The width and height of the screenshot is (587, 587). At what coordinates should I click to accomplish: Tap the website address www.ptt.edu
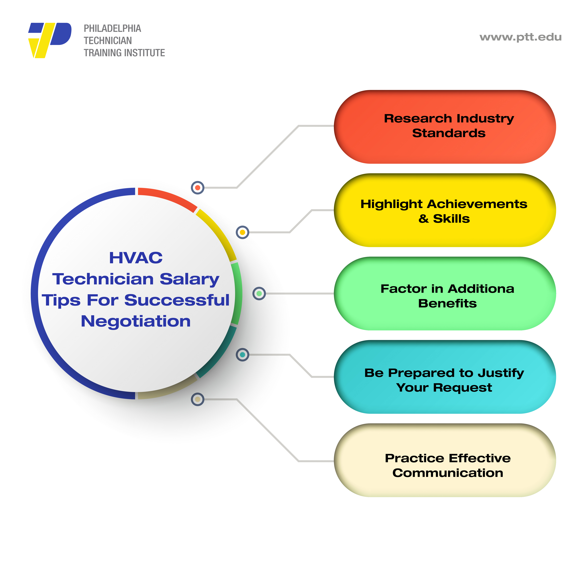coord(520,37)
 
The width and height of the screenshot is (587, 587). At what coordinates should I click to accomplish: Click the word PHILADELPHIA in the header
coord(112,29)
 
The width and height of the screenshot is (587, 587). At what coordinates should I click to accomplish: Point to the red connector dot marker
coord(198,188)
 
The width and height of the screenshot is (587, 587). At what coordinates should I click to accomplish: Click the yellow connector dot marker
coord(242,232)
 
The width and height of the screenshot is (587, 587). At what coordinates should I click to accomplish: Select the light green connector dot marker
coord(259,293)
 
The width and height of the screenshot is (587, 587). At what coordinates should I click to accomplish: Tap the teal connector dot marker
coord(242,355)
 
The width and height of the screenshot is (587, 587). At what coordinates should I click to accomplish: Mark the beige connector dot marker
coord(198,399)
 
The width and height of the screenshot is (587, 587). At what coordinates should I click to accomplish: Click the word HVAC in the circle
coord(136,258)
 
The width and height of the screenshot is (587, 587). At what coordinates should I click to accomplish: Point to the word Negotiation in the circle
coord(136,321)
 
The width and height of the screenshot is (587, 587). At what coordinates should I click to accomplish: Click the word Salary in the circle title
coord(190,279)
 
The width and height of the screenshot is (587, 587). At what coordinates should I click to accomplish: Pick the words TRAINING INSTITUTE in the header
coord(124,53)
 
